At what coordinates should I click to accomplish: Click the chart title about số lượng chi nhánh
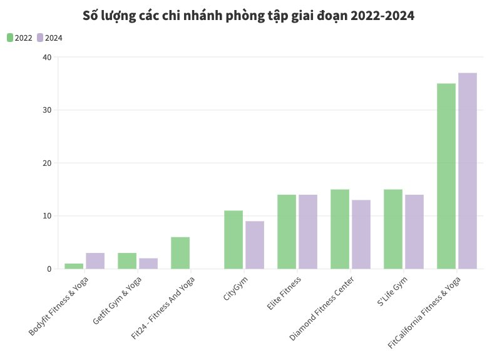[x=248, y=16]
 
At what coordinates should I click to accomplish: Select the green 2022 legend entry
[x=19, y=38]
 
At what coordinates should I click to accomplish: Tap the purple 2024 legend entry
[x=49, y=38]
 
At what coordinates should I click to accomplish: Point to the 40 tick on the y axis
[x=48, y=57]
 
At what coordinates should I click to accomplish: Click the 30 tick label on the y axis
[x=48, y=110]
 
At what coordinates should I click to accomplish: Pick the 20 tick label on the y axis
[x=48, y=163]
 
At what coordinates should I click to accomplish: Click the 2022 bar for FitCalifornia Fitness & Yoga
[x=446, y=176]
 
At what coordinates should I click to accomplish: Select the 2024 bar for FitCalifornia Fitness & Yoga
[x=468, y=171]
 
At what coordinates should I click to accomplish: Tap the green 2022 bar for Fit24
[x=180, y=253]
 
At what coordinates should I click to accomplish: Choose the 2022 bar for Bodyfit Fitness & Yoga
[x=74, y=266]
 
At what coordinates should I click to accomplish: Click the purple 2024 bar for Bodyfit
[x=95, y=261]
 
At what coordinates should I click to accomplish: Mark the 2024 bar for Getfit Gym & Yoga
[x=148, y=264]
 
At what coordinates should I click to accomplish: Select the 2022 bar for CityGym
[x=233, y=240]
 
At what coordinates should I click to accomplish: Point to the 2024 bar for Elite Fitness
[x=308, y=232]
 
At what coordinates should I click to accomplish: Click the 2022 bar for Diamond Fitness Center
[x=340, y=229]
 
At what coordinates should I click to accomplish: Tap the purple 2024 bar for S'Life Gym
[x=414, y=232]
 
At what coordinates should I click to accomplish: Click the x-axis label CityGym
[x=235, y=289]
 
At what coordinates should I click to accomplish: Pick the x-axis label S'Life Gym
[x=392, y=292]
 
